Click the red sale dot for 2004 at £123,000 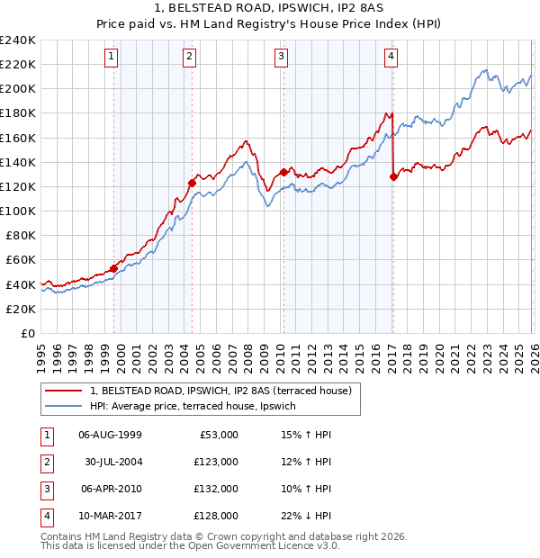pos(192,183)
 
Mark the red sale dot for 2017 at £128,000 pos(393,177)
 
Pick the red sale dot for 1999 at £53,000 pos(114,268)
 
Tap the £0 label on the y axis pos(28,333)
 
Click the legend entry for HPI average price pos(199,406)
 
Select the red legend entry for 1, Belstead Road pos(225,391)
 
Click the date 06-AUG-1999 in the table pos(110,434)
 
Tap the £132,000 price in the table pos(216,490)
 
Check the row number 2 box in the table pos(46,462)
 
